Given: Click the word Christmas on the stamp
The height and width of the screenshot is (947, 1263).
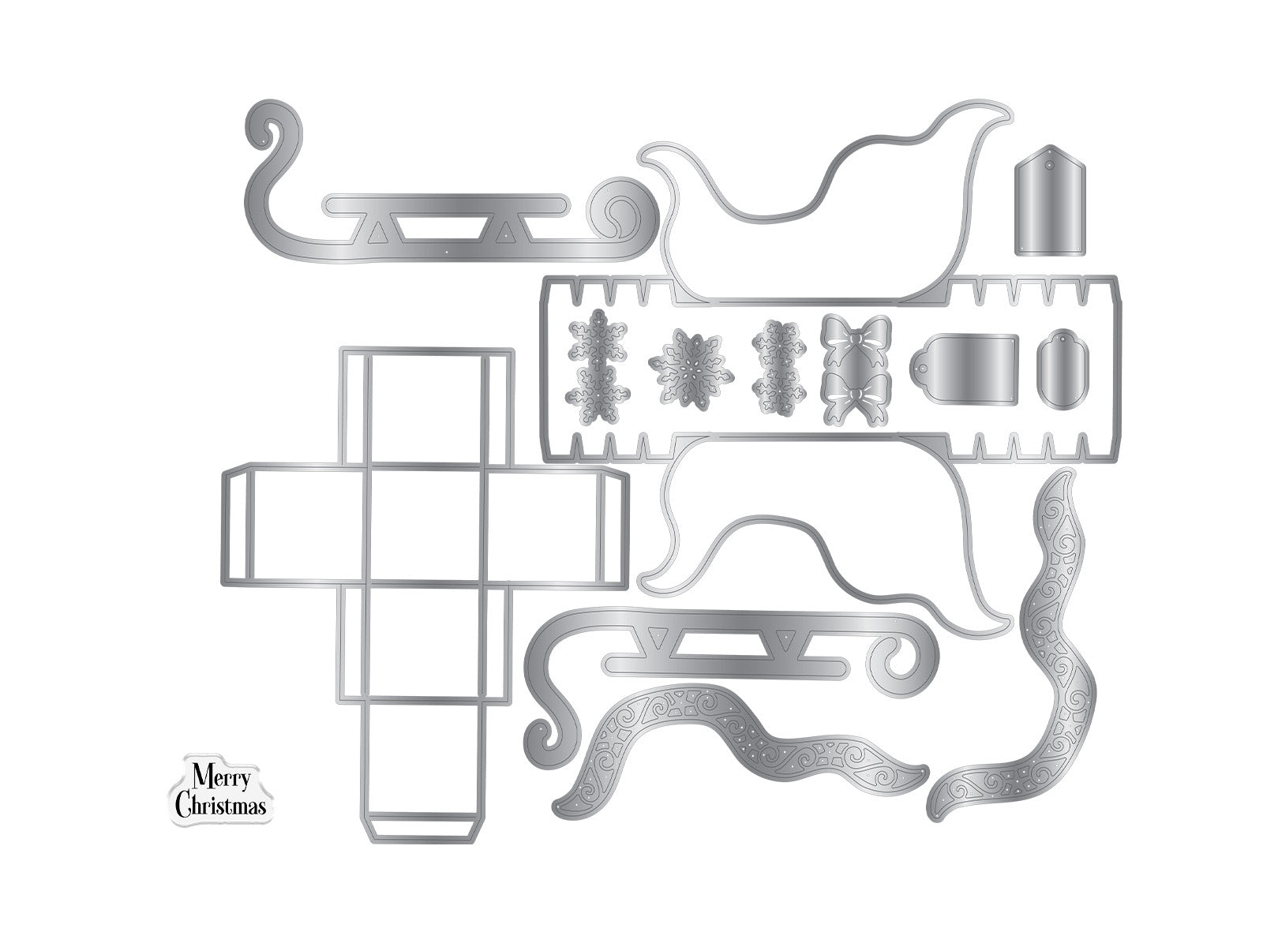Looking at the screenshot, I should coord(220,806).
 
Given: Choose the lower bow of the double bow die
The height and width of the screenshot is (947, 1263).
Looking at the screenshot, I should coord(856,399).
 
